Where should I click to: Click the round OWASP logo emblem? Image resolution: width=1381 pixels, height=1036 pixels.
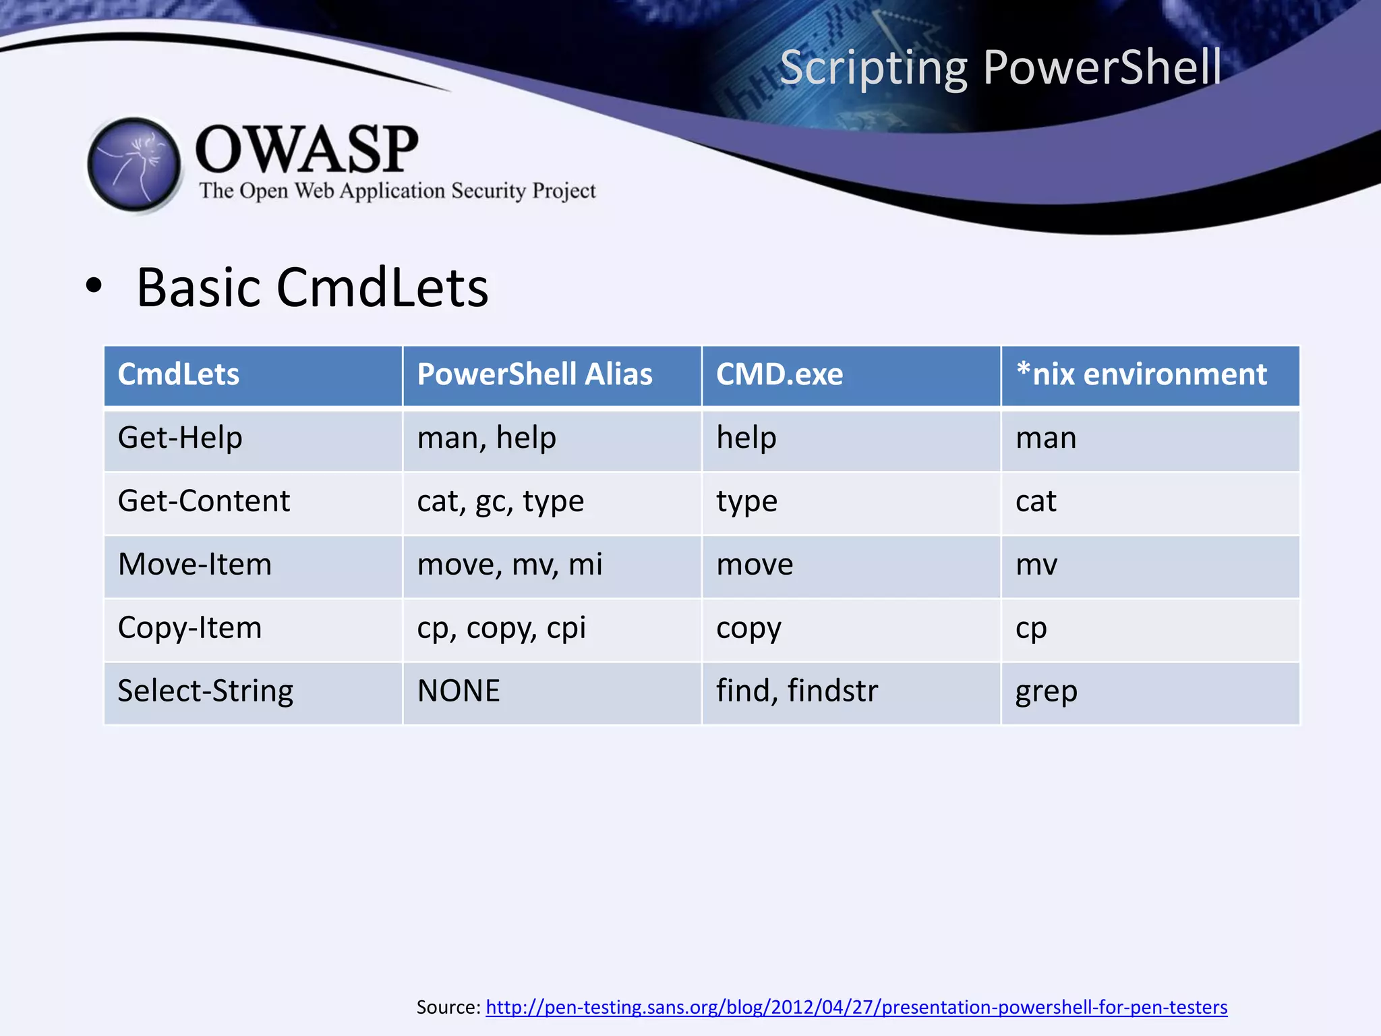click(134, 165)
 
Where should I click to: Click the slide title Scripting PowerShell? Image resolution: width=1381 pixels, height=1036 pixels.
click(1000, 67)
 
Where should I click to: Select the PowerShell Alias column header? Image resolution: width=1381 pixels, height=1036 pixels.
click(535, 374)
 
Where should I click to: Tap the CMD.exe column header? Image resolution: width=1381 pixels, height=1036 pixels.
click(780, 374)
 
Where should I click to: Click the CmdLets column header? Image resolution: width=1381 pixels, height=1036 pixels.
click(179, 374)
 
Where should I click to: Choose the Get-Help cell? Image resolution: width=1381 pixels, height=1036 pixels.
click(180, 438)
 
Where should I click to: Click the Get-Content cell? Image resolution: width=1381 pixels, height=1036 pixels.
click(204, 501)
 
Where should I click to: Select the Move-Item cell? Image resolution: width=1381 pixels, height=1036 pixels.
click(195, 565)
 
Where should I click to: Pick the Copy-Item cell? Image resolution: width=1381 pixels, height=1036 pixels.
click(189, 628)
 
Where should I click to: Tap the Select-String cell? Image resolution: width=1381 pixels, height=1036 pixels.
click(206, 691)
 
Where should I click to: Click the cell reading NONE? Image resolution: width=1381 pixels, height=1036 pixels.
click(459, 691)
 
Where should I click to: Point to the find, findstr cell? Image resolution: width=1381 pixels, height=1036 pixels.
click(797, 691)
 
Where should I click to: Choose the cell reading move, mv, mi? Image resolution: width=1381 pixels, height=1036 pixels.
click(510, 565)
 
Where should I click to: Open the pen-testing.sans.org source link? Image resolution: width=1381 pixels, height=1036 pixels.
click(856, 1007)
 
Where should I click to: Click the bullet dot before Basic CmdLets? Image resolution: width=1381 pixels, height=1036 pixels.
click(94, 286)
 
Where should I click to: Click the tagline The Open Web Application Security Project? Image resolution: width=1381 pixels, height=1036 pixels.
click(397, 191)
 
